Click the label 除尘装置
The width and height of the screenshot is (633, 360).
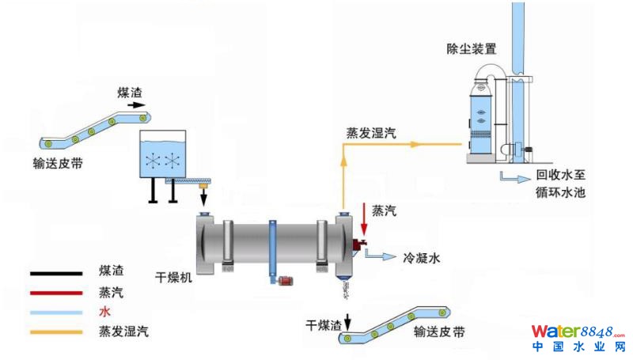pos(472,49)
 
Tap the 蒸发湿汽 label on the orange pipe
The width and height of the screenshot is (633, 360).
pos(370,134)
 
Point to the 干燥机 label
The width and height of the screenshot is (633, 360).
pos(172,278)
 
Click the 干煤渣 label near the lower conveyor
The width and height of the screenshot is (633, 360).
pos(324,325)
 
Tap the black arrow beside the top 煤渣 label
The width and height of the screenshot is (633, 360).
pos(137,104)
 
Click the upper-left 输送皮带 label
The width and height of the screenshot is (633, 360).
pos(58,164)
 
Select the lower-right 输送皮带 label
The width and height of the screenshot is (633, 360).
pos(439,332)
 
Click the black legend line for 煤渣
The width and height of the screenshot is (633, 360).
pos(56,273)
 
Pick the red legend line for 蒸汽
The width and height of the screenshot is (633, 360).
pos(56,292)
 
